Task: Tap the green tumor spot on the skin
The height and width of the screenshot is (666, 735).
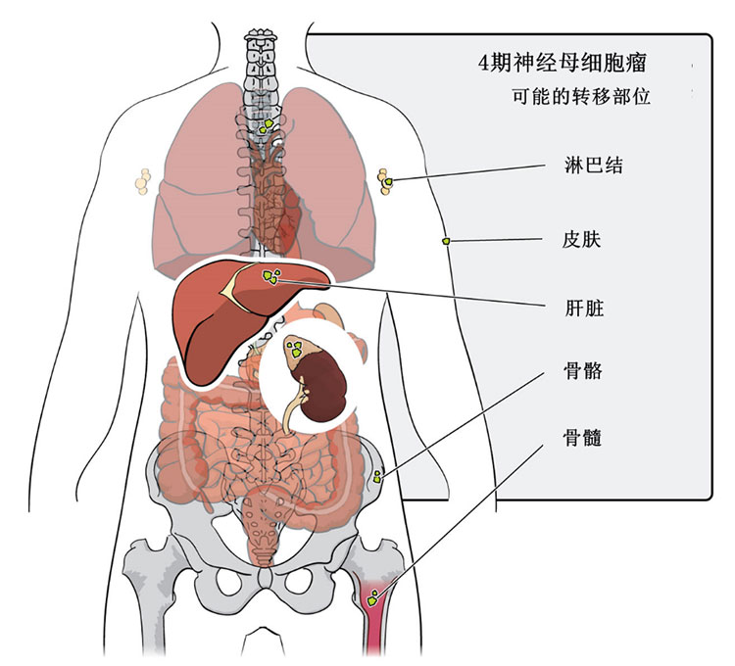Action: (447, 240)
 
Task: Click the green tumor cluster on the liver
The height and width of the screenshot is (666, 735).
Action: (270, 276)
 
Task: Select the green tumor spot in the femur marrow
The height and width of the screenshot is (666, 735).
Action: (374, 595)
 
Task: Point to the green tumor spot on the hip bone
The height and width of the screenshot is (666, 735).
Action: (377, 477)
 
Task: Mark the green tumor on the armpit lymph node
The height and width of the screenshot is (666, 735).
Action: (388, 180)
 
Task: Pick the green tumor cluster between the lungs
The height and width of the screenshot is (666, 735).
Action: (266, 125)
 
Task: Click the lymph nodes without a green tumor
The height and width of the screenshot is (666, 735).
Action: (143, 180)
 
